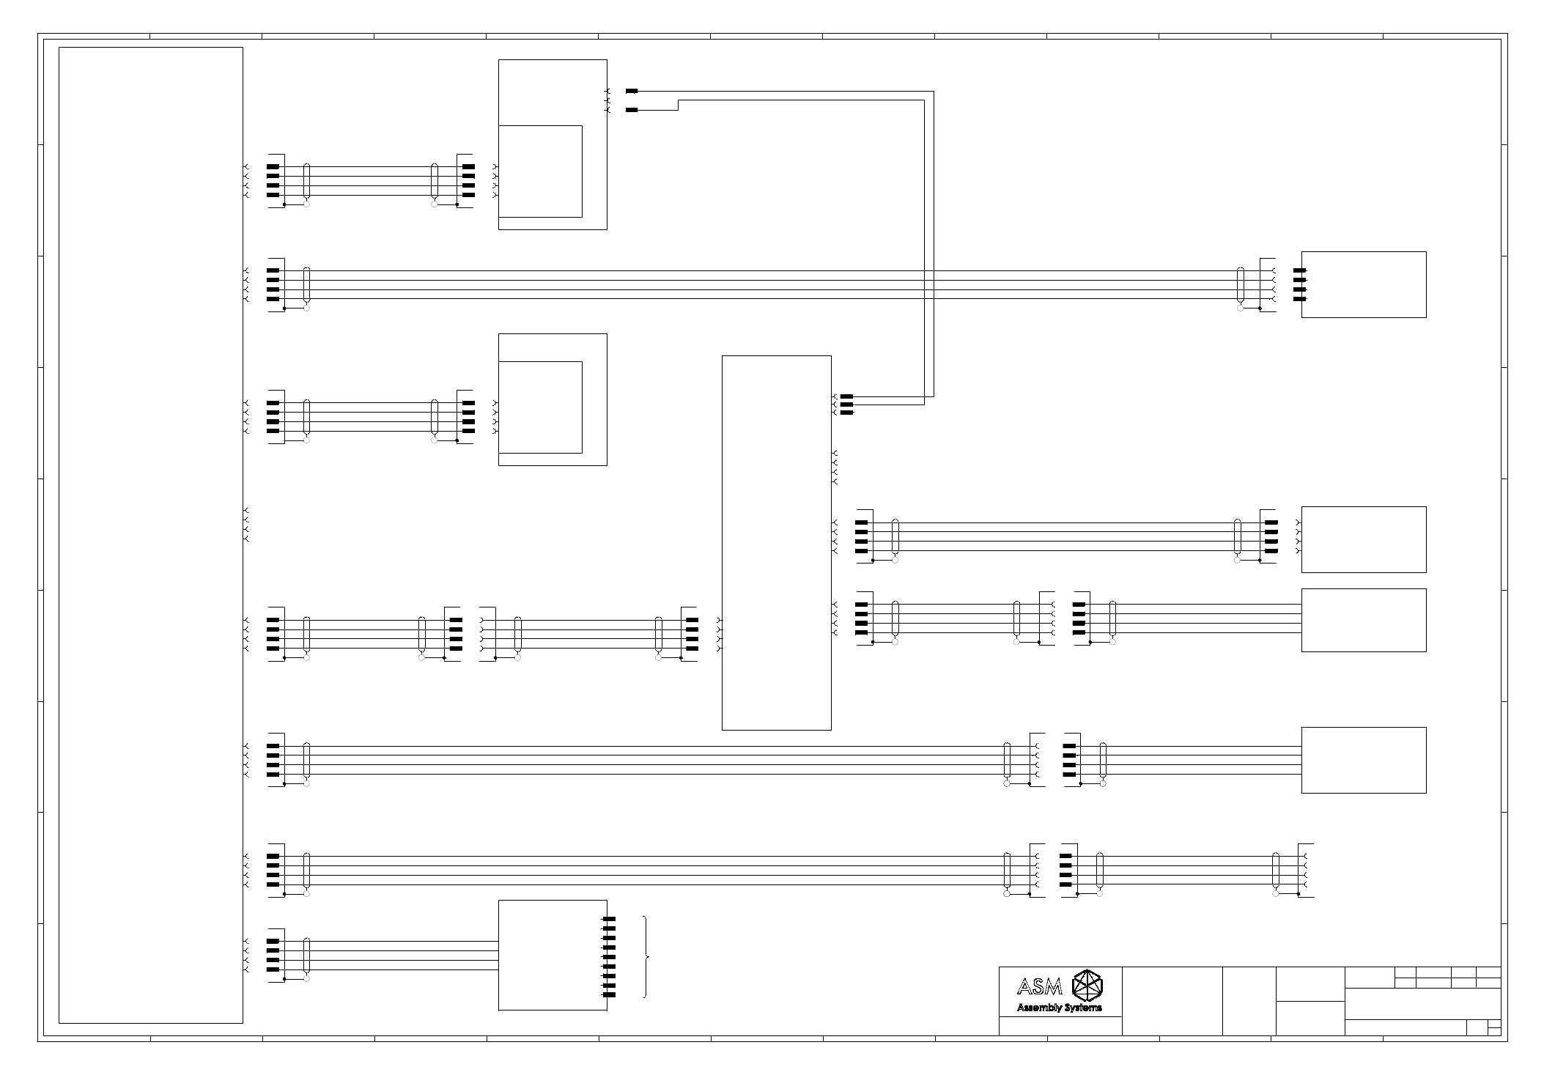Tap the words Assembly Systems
point(1059,1008)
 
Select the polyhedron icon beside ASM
point(1087,986)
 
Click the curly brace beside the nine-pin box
point(645,956)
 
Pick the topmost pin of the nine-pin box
point(608,919)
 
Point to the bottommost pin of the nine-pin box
point(608,995)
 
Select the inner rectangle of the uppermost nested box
point(540,171)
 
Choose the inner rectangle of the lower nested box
point(540,407)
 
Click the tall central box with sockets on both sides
point(776,542)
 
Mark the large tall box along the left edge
point(150,535)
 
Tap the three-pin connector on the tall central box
point(846,404)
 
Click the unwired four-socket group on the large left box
point(246,524)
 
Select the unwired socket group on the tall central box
point(835,468)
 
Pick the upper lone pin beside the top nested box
point(632,91)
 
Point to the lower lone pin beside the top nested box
point(632,110)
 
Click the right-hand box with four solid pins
point(1363,284)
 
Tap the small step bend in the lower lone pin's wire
point(679,105)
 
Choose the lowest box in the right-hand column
point(1363,760)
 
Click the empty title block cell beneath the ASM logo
point(1060,1026)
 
